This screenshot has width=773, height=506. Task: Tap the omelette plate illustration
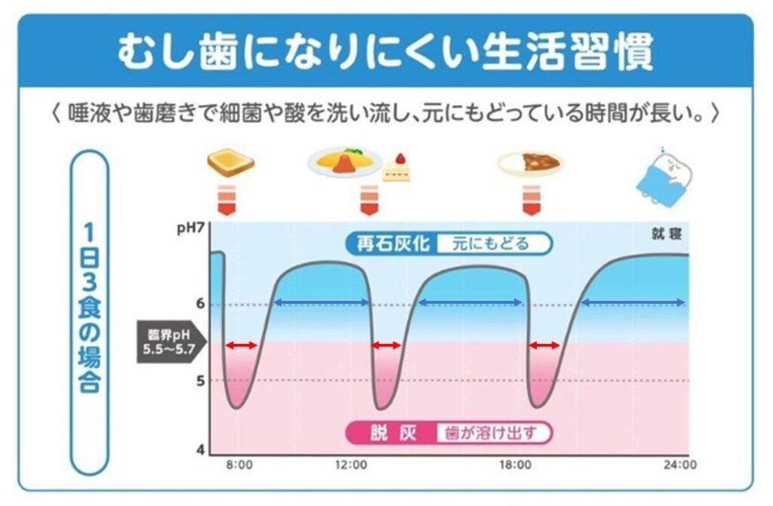click(342, 162)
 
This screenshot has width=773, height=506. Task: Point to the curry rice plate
click(530, 162)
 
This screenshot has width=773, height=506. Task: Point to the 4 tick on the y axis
click(199, 450)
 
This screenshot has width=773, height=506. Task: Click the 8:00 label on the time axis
click(239, 465)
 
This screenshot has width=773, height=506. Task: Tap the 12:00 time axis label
click(352, 465)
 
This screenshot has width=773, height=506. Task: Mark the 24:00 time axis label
click(682, 465)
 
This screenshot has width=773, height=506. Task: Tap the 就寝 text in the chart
click(667, 233)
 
